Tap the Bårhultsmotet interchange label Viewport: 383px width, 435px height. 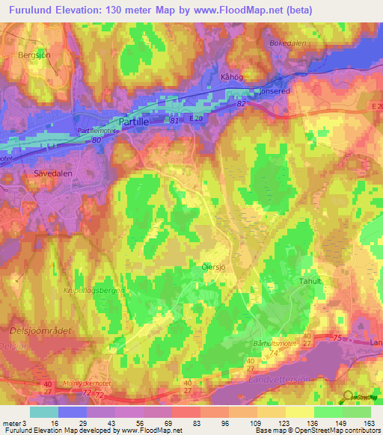(292, 345)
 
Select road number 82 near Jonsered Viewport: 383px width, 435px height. (242, 105)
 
